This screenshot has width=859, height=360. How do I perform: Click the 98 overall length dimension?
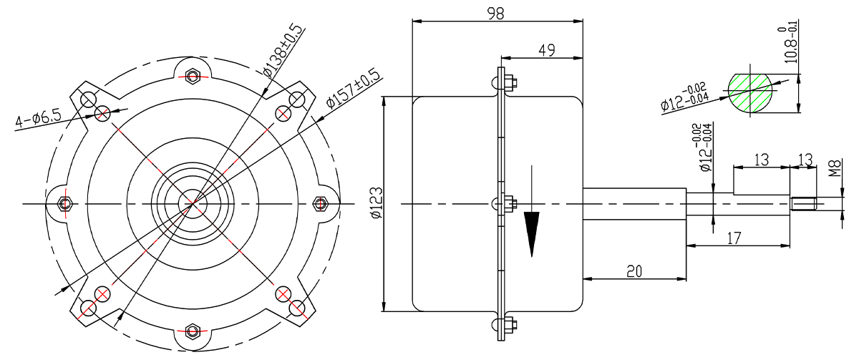click(x=495, y=14)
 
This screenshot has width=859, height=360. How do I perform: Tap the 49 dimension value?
click(x=546, y=50)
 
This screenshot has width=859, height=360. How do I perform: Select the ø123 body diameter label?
click(x=377, y=203)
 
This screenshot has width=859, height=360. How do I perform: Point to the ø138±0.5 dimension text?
click(x=283, y=51)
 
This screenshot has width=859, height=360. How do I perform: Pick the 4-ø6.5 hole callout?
click(x=38, y=120)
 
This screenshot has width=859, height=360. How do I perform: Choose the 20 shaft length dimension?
click(x=634, y=271)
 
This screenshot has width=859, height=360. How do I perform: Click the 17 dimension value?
click(x=734, y=238)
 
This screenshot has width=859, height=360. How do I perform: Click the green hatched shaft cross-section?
click(x=750, y=93)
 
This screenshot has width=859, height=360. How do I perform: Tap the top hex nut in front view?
click(x=193, y=75)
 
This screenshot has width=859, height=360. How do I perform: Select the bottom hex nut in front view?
click(x=193, y=331)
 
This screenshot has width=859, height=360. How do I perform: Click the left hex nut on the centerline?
click(x=64, y=203)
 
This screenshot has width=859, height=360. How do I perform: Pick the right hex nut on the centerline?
click(x=320, y=203)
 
